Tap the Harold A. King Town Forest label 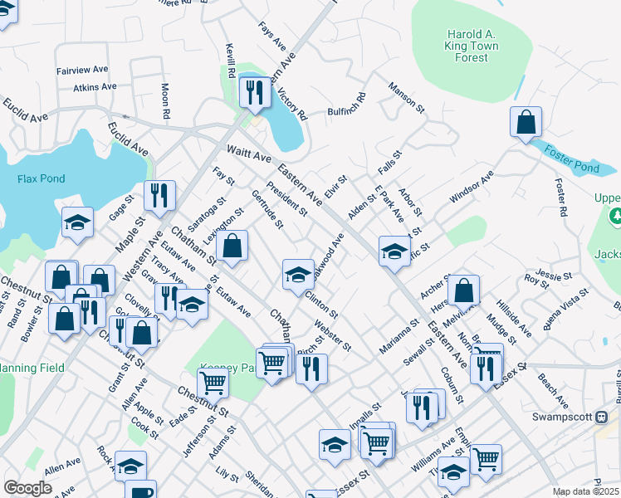[472, 46]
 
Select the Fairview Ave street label [82, 71]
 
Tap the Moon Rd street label [166, 100]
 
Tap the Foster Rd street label [560, 200]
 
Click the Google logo [28, 488]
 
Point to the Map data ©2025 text [586, 491]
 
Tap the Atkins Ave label [95, 87]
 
